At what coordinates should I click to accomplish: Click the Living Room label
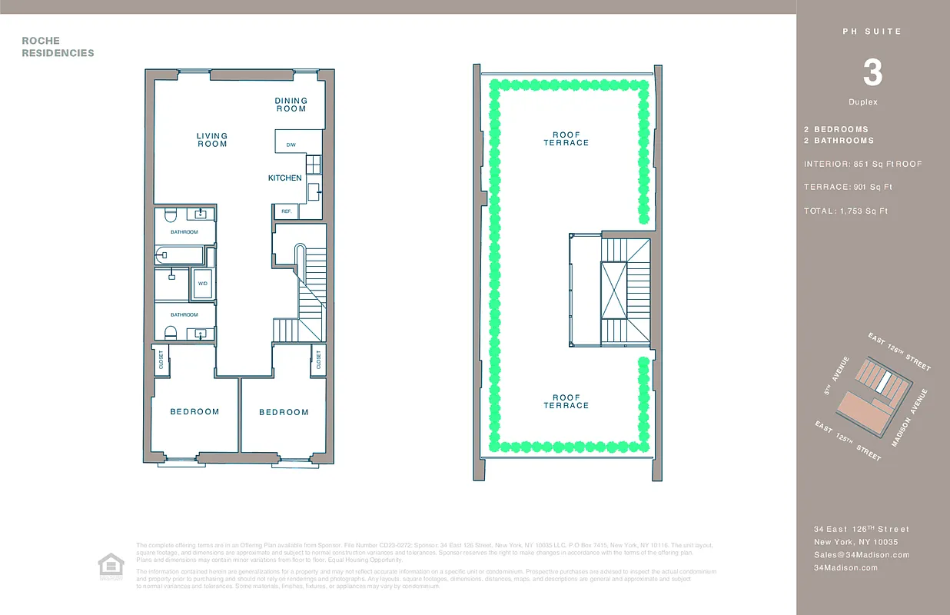click(212, 140)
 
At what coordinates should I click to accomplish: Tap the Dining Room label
click(291, 105)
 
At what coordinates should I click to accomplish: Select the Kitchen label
click(285, 178)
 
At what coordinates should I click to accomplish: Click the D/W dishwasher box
click(291, 145)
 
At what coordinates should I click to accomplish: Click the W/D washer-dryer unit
click(203, 284)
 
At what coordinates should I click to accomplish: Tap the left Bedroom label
click(194, 412)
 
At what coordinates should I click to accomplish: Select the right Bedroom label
click(284, 413)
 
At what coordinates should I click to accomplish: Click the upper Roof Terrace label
click(566, 139)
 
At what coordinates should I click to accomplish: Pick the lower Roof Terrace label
click(566, 402)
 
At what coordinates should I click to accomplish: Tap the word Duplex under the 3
click(863, 102)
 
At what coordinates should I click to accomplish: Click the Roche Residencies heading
click(58, 47)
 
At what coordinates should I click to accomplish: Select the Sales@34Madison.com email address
click(862, 555)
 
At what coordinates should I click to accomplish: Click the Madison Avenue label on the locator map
click(910, 418)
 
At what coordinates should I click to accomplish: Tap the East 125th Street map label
click(848, 441)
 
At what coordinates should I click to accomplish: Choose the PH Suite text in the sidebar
click(872, 32)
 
